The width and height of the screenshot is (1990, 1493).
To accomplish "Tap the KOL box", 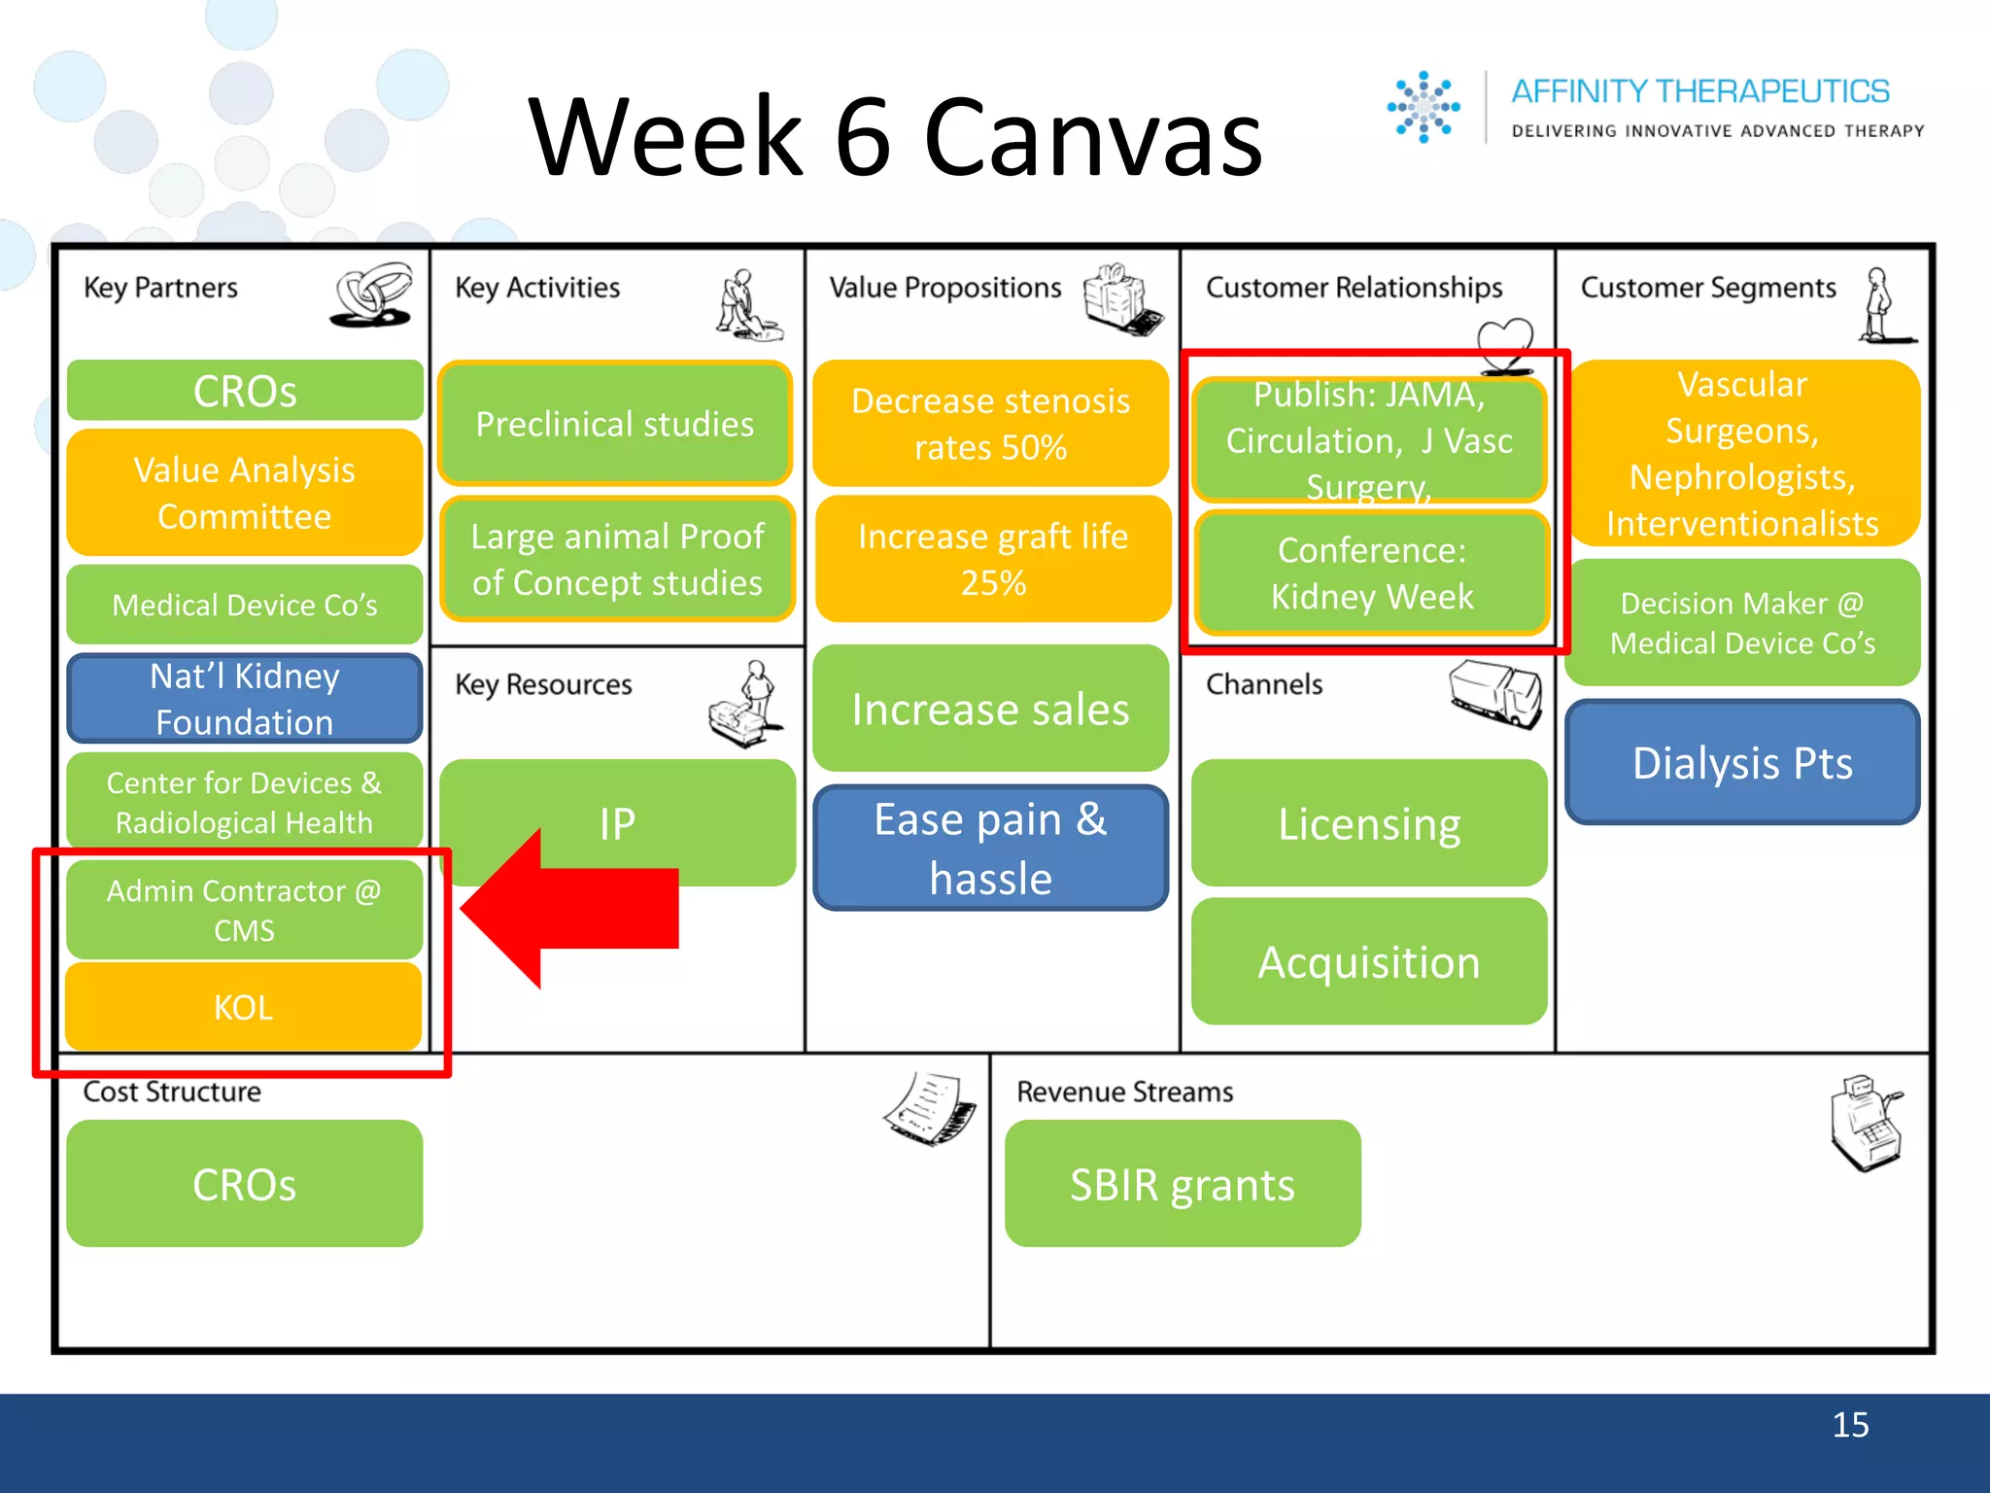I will click(244, 1007).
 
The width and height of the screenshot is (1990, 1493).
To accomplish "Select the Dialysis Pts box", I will click(1742, 762).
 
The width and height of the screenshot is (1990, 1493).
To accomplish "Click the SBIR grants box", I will click(1183, 1184).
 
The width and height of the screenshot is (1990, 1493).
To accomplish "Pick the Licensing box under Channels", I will click(1369, 823).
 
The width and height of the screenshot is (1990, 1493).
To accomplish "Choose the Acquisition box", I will click(1369, 961).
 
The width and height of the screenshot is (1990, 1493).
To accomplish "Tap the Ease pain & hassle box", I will click(990, 848).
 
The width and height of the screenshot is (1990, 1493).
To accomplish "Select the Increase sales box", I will click(990, 709).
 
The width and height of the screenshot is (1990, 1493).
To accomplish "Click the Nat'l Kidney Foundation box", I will click(244, 698).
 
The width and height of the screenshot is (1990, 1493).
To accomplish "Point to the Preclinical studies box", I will click(615, 424).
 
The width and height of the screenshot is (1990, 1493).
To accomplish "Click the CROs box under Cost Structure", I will click(244, 1184).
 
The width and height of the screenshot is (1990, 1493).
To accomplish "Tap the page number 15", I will click(1850, 1425).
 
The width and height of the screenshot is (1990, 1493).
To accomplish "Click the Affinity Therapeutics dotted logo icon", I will click(1424, 107).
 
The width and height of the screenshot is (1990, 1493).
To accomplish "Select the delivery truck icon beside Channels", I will click(1495, 692).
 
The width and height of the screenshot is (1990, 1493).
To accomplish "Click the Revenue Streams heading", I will click(1124, 1092).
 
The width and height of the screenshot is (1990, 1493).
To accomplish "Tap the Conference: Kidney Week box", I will click(1371, 573).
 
